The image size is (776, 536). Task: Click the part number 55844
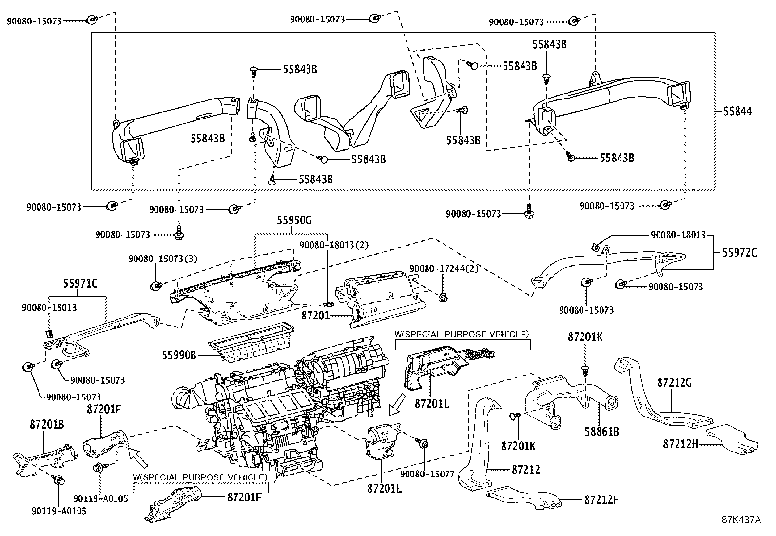737,112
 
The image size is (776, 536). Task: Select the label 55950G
294,220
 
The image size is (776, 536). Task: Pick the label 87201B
45,424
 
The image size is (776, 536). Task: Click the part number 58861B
601,431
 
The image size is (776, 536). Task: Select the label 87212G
674,383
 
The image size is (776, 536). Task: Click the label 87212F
601,500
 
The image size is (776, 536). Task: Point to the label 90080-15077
427,473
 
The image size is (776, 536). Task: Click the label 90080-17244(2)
444,269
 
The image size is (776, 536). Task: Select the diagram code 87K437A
741,520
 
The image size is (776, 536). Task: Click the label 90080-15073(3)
163,260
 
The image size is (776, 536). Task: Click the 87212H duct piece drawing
731,438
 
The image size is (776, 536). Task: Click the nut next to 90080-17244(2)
443,297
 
